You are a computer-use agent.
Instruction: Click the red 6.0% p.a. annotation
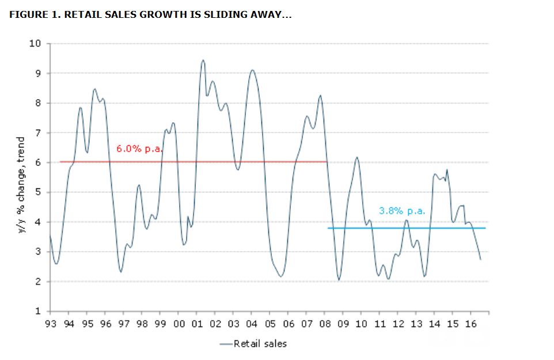[x=139, y=149]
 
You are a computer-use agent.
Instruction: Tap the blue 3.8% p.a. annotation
[x=402, y=211]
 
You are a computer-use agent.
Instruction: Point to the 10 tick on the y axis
[x=36, y=43]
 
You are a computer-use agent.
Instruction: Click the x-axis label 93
[x=50, y=324]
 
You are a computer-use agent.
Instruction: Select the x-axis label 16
[x=470, y=324]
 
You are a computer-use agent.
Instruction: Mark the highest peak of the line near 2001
[x=203, y=60]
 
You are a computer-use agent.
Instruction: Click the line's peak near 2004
[x=252, y=70]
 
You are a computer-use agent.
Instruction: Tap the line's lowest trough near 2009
[x=339, y=280]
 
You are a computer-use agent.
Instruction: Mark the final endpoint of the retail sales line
[x=480, y=260]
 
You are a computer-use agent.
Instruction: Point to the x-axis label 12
[x=398, y=324]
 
